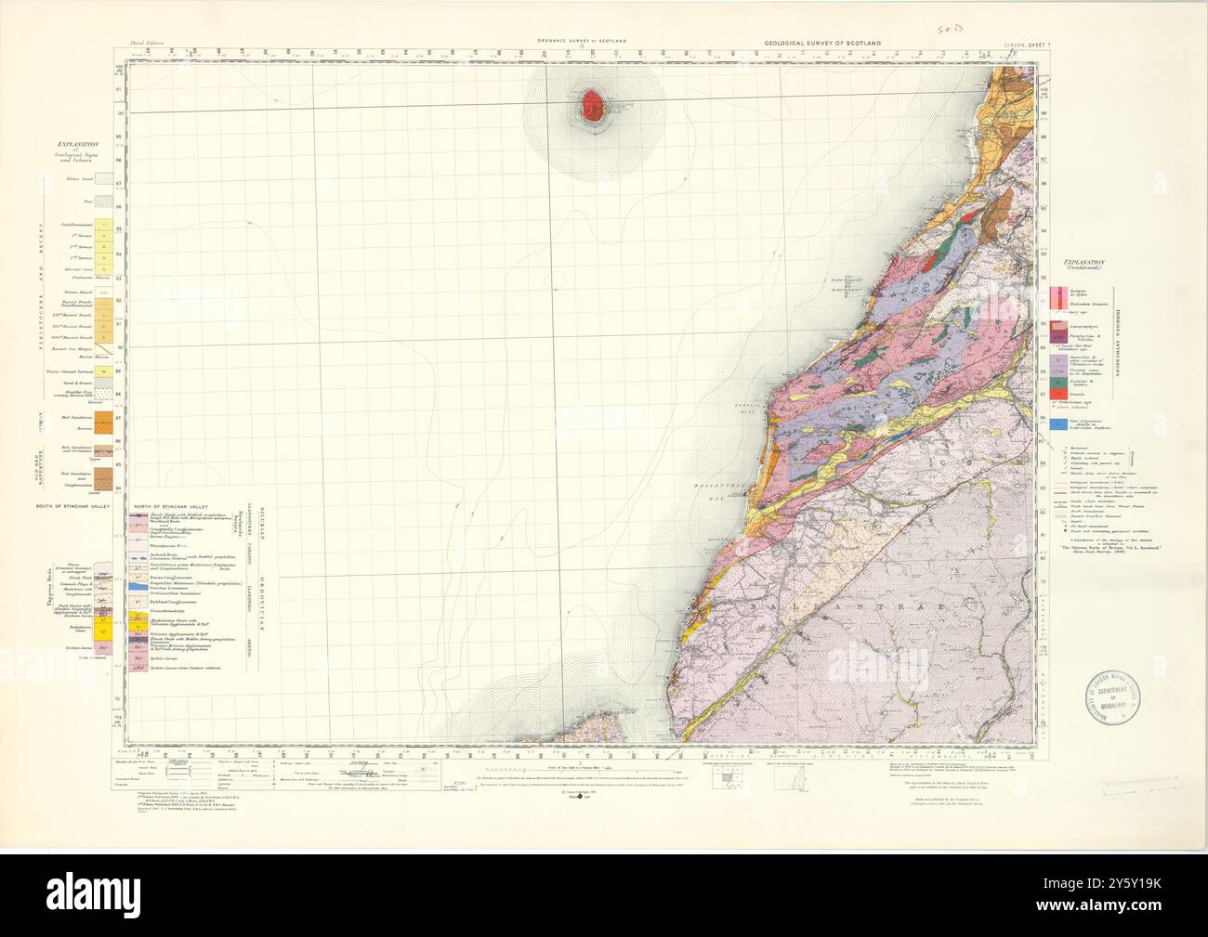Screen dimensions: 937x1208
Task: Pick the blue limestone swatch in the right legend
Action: tap(1056, 423)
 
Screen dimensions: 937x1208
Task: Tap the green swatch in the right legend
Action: tap(1056, 379)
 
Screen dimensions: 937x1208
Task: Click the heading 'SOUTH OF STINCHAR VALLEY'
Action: tap(72, 506)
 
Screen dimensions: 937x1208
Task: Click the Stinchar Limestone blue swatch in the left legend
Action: tap(137, 589)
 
